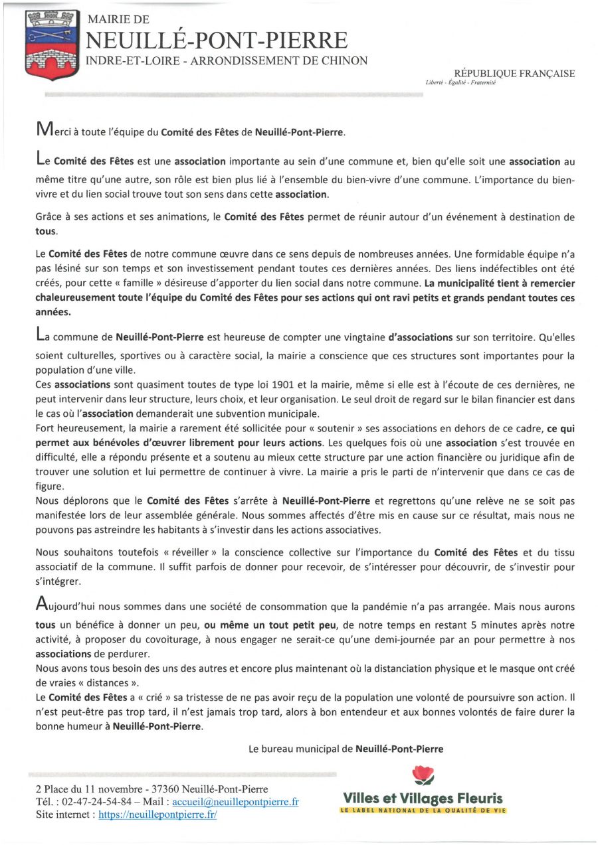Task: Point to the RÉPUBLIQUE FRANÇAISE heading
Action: [514, 74]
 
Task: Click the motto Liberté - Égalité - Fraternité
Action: [460, 83]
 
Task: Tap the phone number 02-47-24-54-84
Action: [92, 802]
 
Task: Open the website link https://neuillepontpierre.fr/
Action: [157, 814]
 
